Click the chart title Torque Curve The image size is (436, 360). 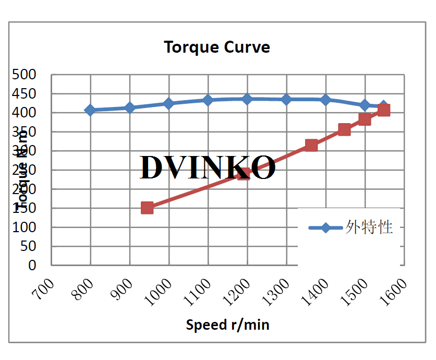[x=217, y=47]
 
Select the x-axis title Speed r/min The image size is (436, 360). [x=228, y=325]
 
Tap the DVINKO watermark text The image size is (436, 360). [x=208, y=167]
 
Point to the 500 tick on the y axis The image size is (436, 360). [x=25, y=75]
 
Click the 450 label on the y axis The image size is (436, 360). [x=25, y=94]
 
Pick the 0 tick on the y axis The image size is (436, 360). [x=32, y=265]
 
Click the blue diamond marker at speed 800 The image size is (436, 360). [x=90, y=110]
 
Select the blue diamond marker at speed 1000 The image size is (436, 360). [x=168, y=103]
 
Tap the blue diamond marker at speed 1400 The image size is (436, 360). [x=325, y=100]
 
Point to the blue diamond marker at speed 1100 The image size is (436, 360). [x=208, y=100]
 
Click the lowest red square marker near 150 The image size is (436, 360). [x=147, y=208]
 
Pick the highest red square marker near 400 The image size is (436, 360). [x=384, y=110]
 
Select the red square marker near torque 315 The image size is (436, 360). [x=311, y=145]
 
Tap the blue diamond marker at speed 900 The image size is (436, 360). [x=129, y=107]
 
